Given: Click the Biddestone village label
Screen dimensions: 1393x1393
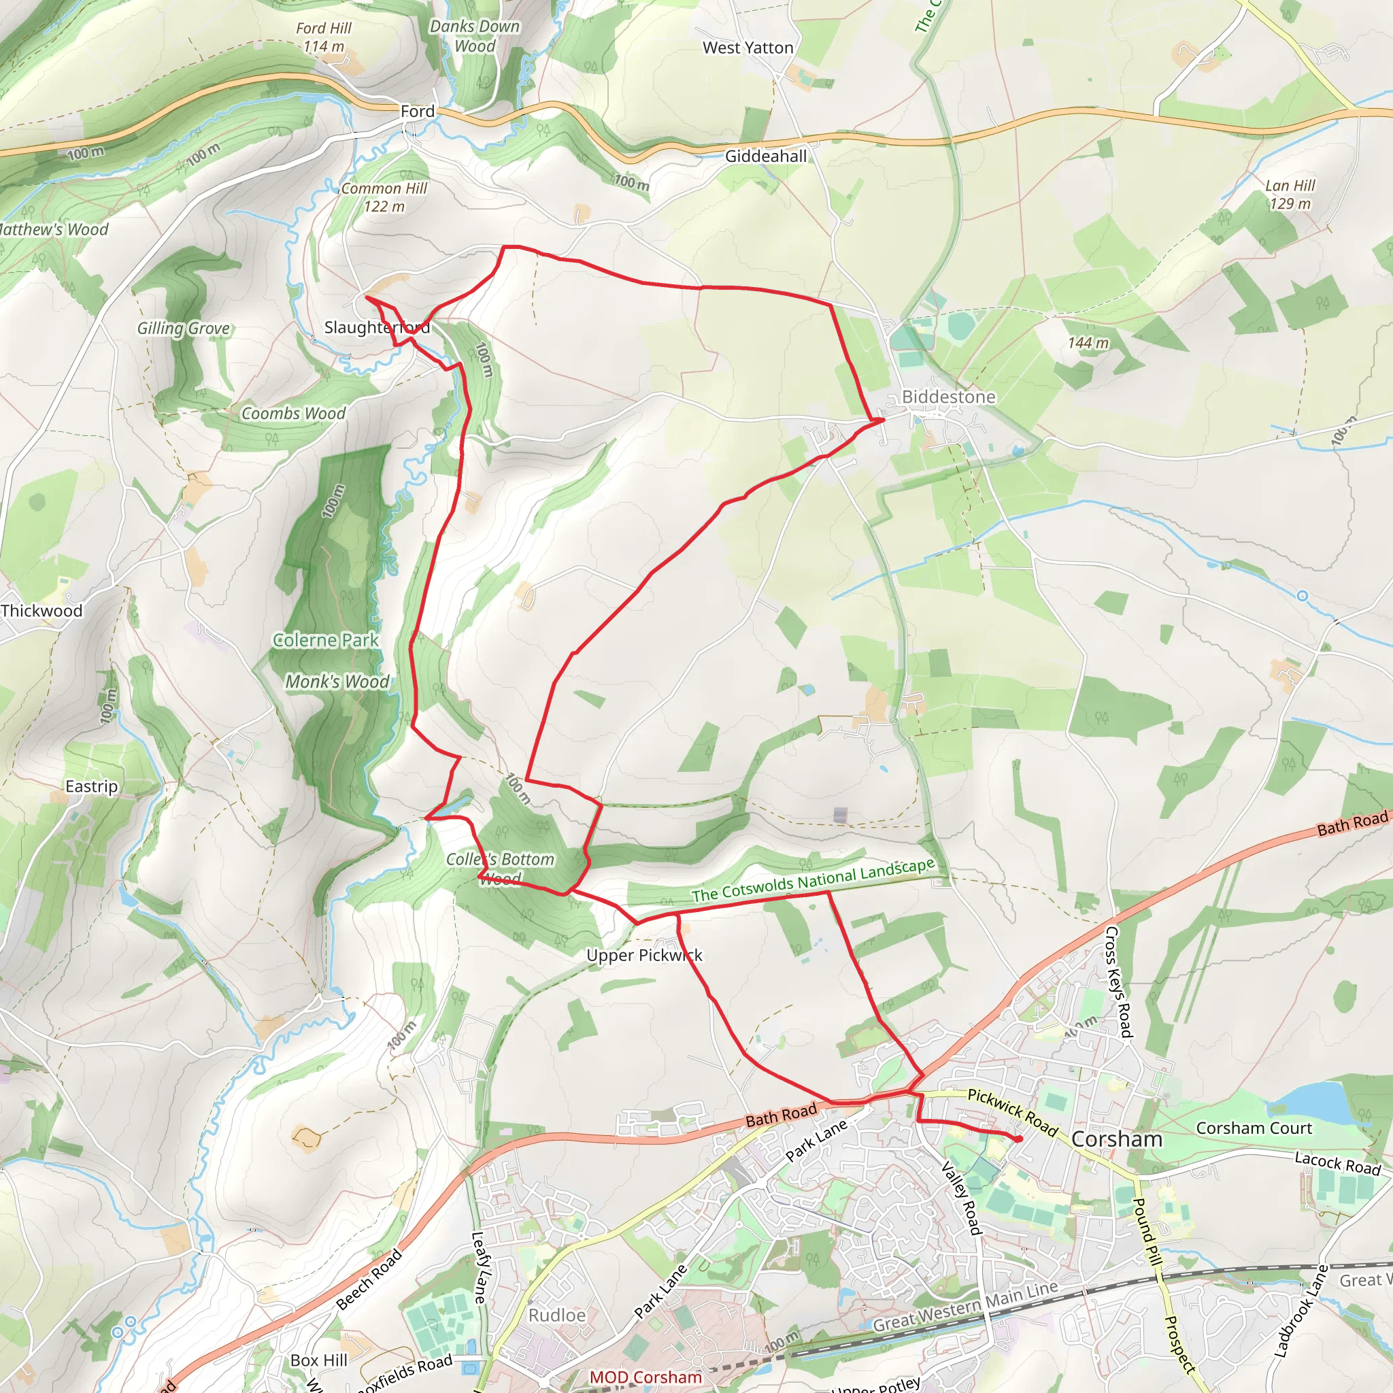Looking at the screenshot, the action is coord(948,397).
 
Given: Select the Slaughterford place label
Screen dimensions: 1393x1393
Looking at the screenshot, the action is coord(376,327).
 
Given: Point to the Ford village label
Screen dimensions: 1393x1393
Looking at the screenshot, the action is coord(418,111).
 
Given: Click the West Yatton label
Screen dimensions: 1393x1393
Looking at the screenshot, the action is coord(748,48).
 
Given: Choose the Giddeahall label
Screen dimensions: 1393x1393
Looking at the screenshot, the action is coord(766,156).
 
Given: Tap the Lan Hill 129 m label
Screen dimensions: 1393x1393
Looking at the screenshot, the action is coord(1290,195).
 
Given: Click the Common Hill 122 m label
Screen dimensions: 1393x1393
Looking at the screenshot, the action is coord(384,197).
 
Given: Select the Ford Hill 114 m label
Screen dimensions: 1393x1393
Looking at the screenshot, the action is coord(324,37).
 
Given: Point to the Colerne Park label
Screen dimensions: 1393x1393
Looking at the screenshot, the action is coord(326,639).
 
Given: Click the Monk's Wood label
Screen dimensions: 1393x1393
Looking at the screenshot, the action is coord(337,682).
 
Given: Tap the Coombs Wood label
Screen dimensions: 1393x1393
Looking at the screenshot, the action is coord(293,413).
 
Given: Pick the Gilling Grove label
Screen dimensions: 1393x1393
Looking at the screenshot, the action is coord(184,328).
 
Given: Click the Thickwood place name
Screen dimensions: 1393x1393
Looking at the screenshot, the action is coord(41,611).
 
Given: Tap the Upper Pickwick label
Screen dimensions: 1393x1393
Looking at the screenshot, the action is coord(644,956).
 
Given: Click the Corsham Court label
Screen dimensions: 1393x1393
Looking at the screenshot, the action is coord(1254,1128).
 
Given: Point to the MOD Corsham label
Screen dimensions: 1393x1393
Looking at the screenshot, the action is coord(645,1377).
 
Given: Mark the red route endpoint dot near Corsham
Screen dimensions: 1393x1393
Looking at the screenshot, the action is coord(1018,1139).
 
